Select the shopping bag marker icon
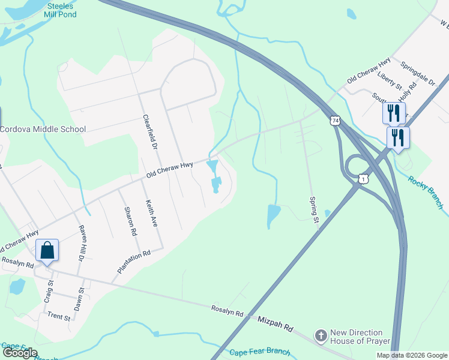47,251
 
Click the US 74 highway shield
335,121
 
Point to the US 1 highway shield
363,179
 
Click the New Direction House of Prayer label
357,337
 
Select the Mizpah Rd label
275,328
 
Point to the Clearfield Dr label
150,132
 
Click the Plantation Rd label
133,263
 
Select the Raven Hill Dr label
82,242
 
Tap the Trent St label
59,315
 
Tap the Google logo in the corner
20,353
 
